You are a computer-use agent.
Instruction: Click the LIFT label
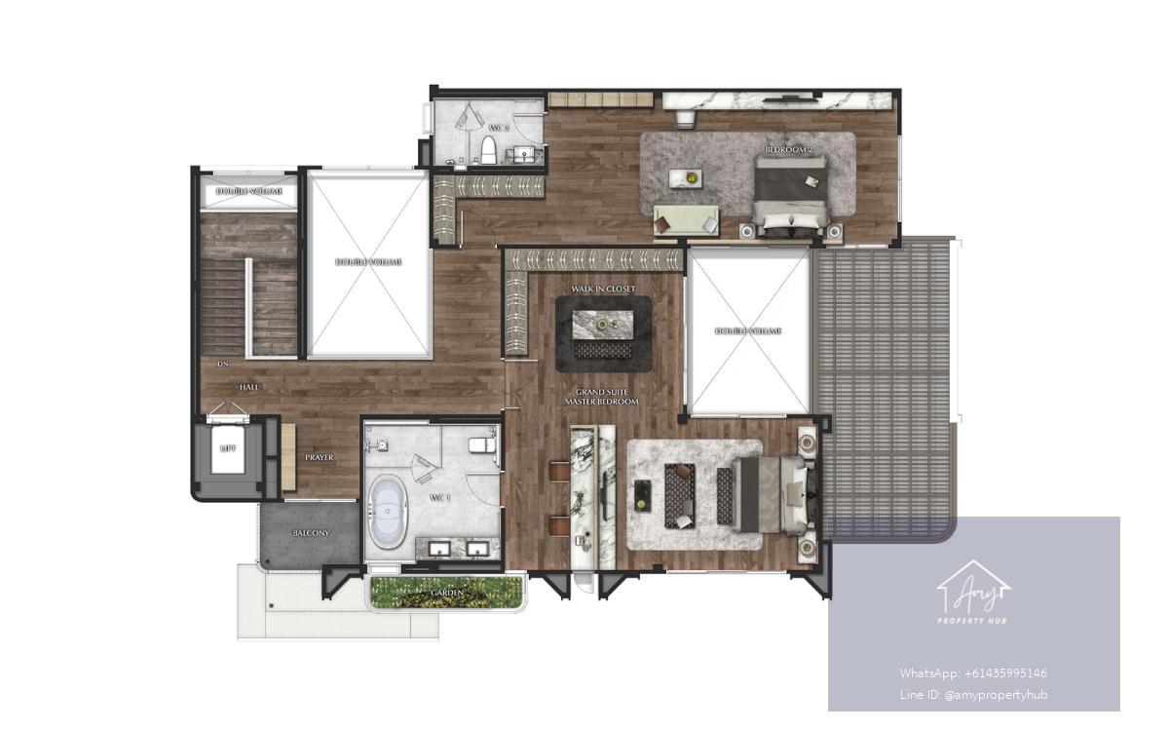pyautogui.click(x=228, y=449)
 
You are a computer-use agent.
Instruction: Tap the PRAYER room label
pyautogui.click(x=319, y=457)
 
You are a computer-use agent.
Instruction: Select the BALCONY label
pyautogui.click(x=311, y=533)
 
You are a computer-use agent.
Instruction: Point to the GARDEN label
pyautogui.click(x=447, y=591)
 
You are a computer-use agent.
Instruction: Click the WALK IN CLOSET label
pyautogui.click(x=603, y=289)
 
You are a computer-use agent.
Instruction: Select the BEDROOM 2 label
pyautogui.click(x=788, y=149)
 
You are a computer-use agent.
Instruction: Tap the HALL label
pyautogui.click(x=249, y=387)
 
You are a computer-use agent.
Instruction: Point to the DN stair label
pyautogui.click(x=222, y=365)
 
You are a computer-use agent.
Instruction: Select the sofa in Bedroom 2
pyautogui.click(x=686, y=219)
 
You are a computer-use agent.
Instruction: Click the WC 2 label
pyautogui.click(x=499, y=128)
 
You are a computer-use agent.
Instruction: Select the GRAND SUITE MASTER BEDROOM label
pyautogui.click(x=607, y=397)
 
